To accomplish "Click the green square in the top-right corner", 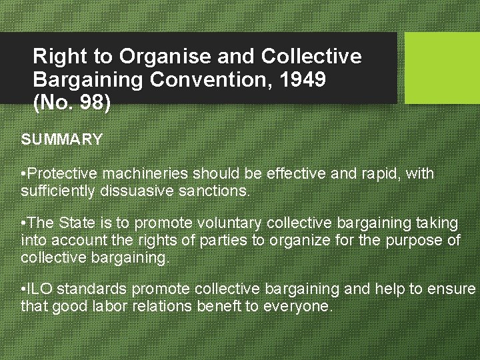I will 442,68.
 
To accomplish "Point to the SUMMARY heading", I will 62,139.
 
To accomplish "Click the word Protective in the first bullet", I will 62,174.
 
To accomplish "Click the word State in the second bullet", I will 77,223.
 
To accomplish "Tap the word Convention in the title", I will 205,81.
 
